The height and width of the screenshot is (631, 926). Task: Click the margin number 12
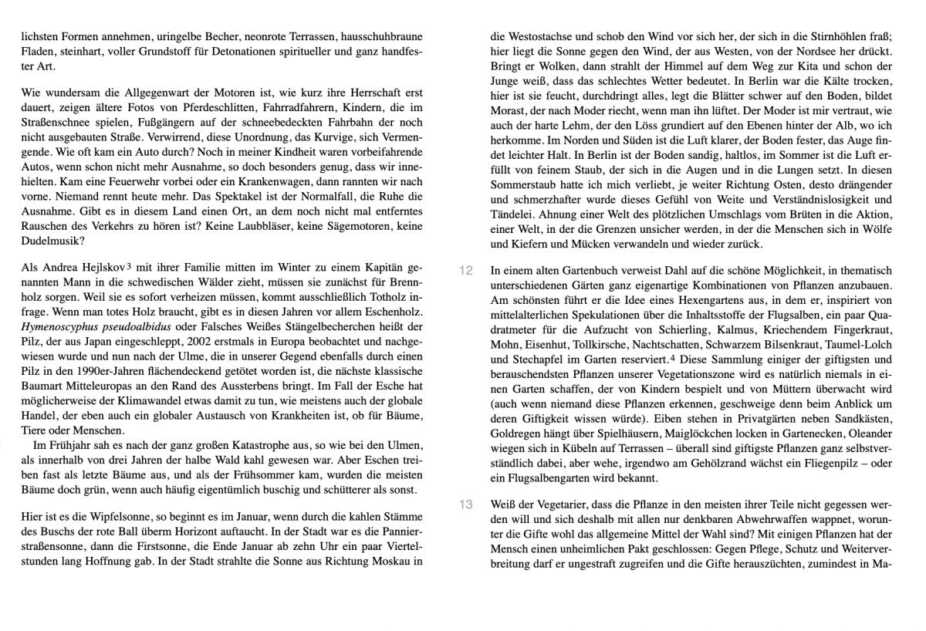point(465,271)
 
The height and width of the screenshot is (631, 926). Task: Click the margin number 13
point(465,504)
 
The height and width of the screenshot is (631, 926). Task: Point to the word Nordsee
point(798,51)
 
